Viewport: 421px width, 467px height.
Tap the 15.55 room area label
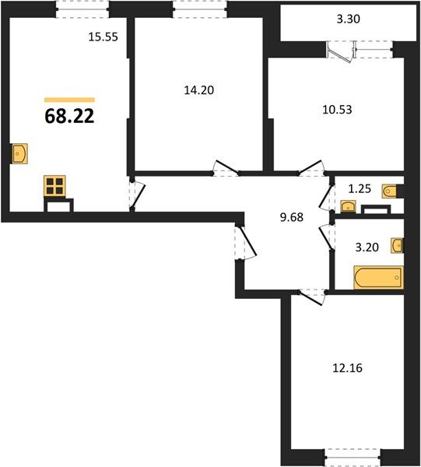(x=103, y=37)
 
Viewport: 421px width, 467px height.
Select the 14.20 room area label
(x=198, y=90)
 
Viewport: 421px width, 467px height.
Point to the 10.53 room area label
(x=337, y=109)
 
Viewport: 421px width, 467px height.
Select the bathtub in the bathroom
(x=377, y=278)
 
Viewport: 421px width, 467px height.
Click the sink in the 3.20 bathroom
(x=398, y=246)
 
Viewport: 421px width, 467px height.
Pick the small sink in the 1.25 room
(x=348, y=206)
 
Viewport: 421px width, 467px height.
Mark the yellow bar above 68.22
(x=69, y=100)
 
